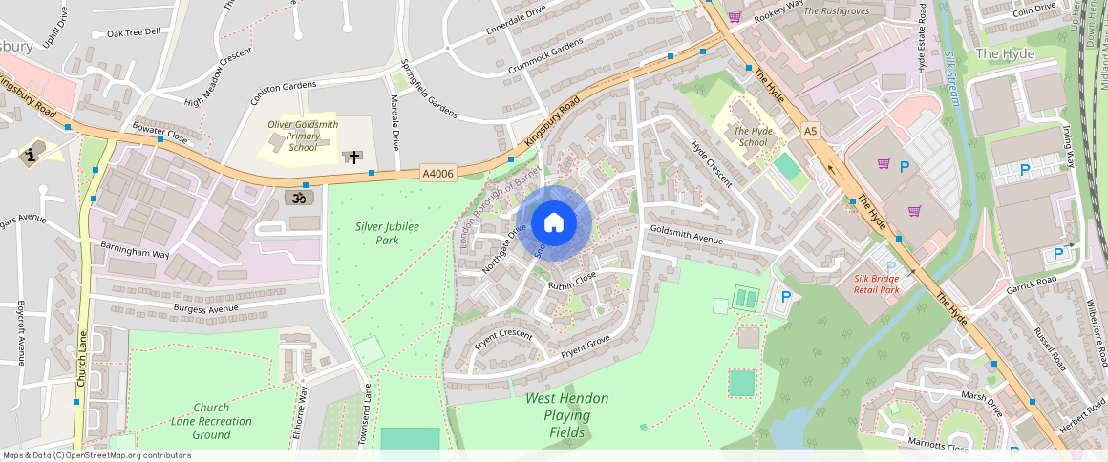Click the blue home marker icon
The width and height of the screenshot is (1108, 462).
554,223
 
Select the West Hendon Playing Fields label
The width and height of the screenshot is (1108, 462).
566,415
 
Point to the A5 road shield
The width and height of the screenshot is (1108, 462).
811,130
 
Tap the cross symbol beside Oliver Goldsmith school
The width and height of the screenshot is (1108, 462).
353,156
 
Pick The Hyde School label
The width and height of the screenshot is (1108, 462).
751,136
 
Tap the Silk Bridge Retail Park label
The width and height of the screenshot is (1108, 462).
876,283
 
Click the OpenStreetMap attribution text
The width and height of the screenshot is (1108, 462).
96,455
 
